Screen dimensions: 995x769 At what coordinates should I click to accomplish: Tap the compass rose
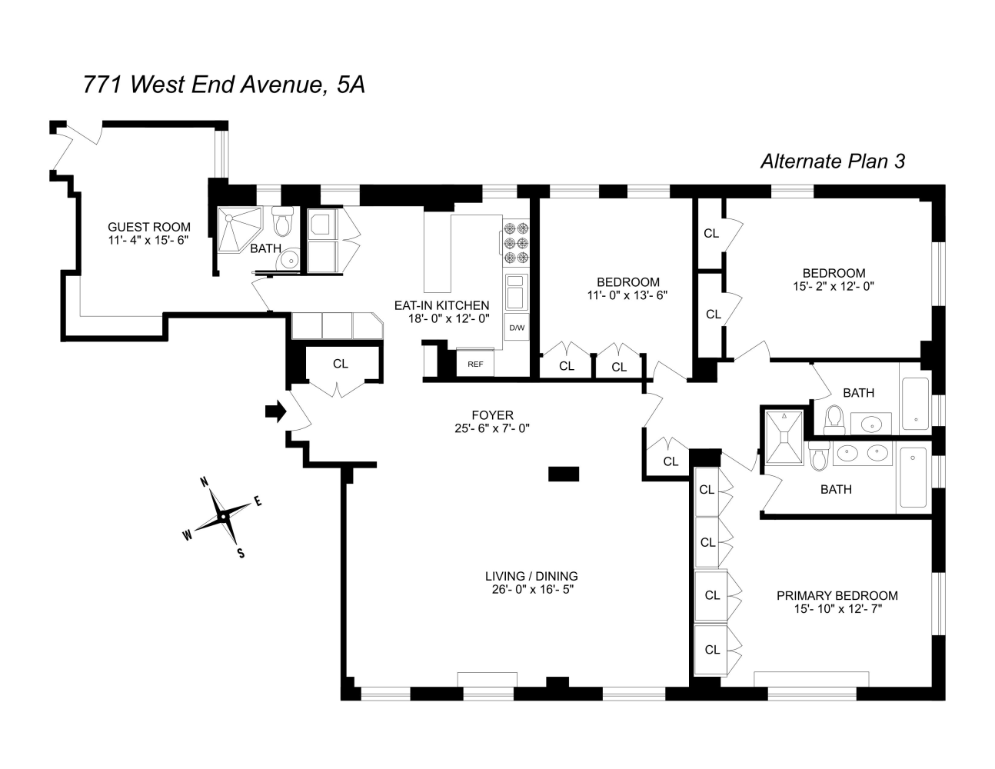[223, 516]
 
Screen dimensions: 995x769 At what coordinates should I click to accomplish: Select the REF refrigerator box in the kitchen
[475, 364]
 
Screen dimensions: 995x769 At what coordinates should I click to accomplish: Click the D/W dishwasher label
[516, 328]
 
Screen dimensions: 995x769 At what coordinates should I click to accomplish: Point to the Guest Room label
[149, 227]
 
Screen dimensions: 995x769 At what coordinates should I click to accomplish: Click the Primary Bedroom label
[837, 595]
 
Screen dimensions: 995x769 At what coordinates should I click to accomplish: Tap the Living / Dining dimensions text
[531, 590]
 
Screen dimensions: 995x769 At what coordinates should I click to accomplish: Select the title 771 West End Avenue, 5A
[223, 85]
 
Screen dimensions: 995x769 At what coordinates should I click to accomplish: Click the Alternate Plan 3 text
[832, 161]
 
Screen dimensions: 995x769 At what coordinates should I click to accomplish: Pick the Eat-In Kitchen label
[441, 305]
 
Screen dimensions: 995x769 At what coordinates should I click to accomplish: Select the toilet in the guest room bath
[283, 222]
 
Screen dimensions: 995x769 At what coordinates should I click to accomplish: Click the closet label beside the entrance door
[341, 364]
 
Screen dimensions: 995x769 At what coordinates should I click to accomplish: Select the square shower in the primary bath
[784, 438]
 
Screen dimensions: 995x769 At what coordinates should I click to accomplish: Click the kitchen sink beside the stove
[516, 291]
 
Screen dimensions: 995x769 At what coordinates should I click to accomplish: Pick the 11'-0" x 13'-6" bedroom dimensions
[628, 295]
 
